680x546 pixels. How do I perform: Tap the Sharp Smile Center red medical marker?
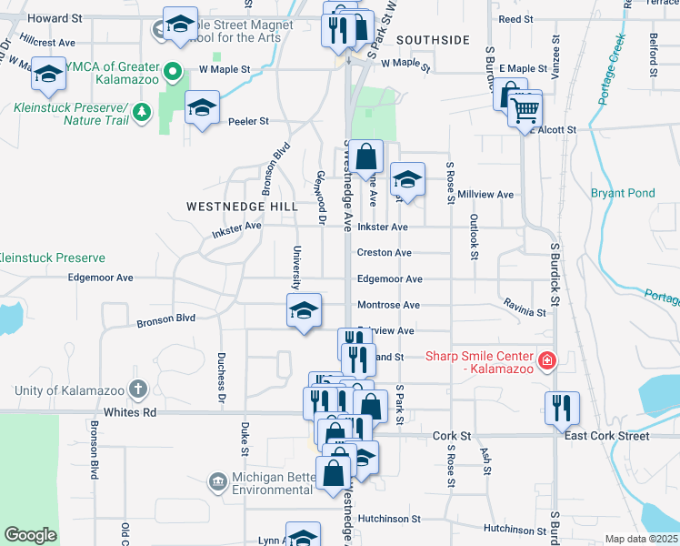(x=546, y=361)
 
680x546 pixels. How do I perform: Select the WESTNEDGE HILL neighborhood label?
(x=242, y=207)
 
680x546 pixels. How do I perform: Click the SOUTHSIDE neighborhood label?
(x=434, y=40)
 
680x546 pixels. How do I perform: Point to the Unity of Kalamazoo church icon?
(x=137, y=390)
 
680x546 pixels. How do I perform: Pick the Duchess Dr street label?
(x=221, y=378)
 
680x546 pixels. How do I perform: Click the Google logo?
(x=30, y=535)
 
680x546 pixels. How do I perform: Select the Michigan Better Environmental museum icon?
(x=217, y=480)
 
